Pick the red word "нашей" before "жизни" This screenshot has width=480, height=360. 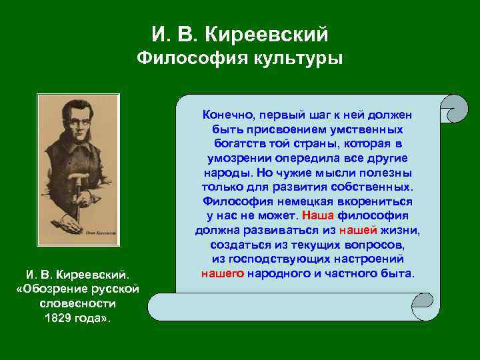(358, 230)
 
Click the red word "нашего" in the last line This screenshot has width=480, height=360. (222, 273)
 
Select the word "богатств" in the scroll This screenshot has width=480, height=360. (237, 143)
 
